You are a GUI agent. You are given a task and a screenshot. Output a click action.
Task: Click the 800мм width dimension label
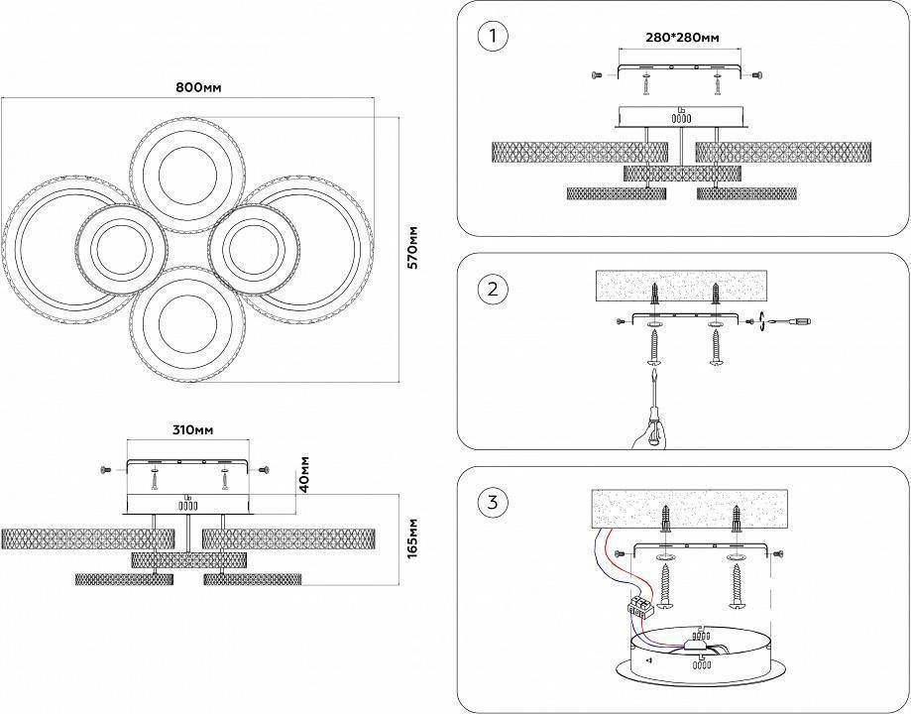198,87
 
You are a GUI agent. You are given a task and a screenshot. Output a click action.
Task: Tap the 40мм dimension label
305,475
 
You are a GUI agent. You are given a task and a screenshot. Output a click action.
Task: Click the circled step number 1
492,37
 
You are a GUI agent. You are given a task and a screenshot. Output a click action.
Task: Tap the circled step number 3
492,502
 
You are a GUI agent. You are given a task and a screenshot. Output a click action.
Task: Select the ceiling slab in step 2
684,287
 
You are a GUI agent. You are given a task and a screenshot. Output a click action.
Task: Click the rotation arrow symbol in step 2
759,321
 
